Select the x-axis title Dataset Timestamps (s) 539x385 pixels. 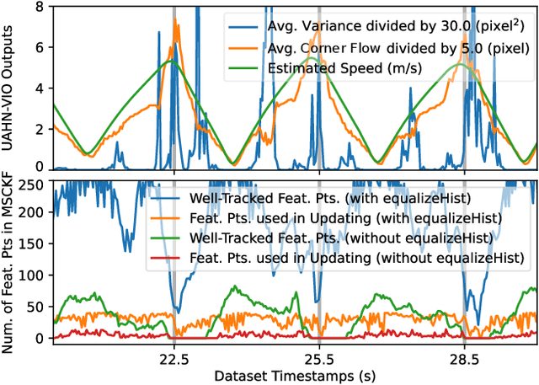pyautogui.click(x=295, y=373)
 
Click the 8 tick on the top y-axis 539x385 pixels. pyautogui.click(x=39, y=6)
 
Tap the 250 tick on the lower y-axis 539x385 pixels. pyautogui.click(x=32, y=182)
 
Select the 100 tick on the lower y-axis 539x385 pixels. pyautogui.click(x=32, y=275)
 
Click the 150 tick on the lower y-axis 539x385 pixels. pyautogui.click(x=32, y=244)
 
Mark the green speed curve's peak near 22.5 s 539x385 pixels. pyautogui.click(x=171, y=61)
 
